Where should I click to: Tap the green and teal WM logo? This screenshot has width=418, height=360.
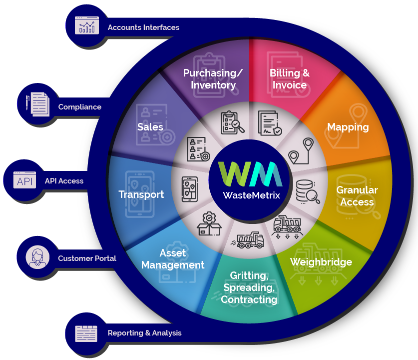(250, 173)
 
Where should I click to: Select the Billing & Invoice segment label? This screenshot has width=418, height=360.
(290, 79)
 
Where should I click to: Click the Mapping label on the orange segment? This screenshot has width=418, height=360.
(348, 127)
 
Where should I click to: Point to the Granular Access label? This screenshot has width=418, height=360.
(357, 196)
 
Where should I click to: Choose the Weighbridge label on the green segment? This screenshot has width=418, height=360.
(321, 262)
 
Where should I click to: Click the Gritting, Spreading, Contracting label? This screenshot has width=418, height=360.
(249, 287)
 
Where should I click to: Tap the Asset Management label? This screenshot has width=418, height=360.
(173, 259)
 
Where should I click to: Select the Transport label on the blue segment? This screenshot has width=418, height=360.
(141, 194)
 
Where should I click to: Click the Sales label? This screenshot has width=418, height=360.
(150, 127)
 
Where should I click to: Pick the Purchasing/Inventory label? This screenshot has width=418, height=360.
(213, 79)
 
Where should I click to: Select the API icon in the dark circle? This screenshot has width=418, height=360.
(24, 180)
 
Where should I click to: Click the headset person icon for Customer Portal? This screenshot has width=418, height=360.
(38, 257)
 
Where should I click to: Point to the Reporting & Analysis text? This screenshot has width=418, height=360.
(144, 333)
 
